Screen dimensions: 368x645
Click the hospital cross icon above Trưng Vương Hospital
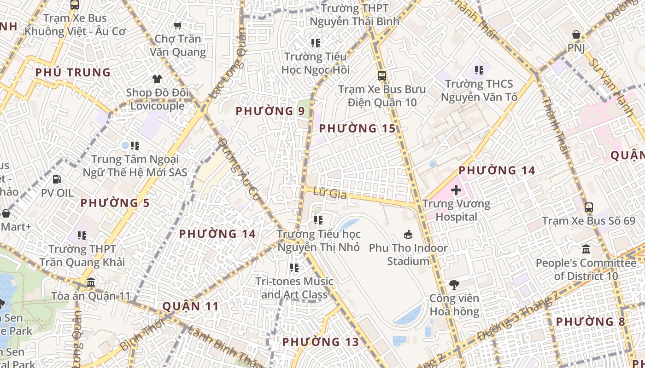[456, 190]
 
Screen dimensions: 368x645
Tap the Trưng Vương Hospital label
[456, 210]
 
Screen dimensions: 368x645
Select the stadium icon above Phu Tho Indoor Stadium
[408, 235]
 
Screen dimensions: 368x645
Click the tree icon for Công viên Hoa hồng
[454, 284]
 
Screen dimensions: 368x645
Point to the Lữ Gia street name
[329, 194]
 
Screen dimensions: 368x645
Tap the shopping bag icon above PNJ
[576, 34]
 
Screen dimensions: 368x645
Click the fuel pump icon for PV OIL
[57, 179]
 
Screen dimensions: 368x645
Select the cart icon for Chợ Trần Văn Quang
[177, 25]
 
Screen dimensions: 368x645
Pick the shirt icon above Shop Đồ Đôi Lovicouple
[157, 79]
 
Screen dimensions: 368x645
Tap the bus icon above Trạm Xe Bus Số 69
[588, 207]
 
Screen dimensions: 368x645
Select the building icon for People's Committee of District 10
[586, 249]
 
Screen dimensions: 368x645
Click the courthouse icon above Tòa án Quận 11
[91, 282]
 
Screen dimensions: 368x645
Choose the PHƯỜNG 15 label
[357, 128]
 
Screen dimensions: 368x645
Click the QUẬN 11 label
[191, 306]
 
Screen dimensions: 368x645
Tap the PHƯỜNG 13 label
[320, 342]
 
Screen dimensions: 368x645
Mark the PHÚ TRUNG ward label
[73, 72]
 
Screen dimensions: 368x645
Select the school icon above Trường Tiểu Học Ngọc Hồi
[316, 43]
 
